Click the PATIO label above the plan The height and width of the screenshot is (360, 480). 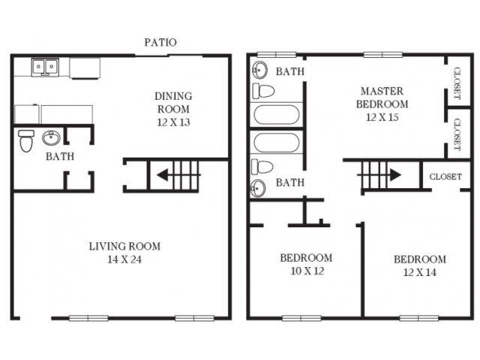point(160,42)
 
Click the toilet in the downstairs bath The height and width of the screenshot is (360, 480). point(26,139)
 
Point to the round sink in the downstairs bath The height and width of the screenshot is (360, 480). point(52,139)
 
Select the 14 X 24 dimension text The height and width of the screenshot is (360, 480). point(124,260)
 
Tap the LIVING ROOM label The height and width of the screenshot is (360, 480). point(124,246)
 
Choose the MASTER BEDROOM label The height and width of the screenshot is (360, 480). point(382,97)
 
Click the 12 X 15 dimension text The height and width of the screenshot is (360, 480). point(382,117)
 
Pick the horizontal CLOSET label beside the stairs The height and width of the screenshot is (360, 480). point(445,177)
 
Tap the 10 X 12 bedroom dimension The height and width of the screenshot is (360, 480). point(306,271)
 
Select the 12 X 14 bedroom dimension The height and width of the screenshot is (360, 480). point(420,274)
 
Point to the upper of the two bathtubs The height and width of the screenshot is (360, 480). point(276,115)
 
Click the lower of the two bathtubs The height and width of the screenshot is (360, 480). point(276,142)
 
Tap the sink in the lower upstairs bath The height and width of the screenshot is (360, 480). point(259,187)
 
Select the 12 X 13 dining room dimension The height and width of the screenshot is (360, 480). point(173,123)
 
